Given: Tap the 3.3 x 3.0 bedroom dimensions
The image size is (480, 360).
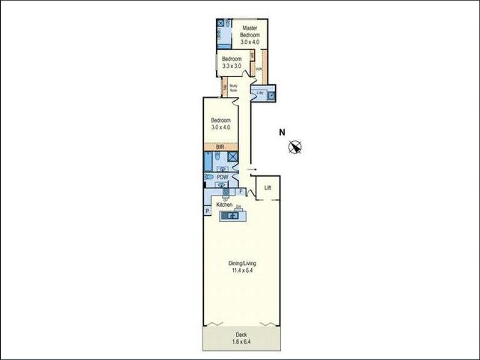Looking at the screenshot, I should (231, 66).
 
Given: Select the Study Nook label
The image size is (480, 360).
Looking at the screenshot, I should (234, 88).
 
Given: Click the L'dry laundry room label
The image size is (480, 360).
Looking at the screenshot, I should (260, 93).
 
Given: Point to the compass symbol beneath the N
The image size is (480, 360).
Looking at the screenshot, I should (295, 147).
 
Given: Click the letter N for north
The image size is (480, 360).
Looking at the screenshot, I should (282, 133).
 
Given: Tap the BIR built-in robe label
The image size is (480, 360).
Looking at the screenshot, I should (220, 147).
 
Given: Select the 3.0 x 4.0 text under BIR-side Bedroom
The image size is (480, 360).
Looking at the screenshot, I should (221, 127).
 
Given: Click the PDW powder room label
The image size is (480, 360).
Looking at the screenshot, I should (222, 177).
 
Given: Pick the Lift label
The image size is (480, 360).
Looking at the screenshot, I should (268, 188).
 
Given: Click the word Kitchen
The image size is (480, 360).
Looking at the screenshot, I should (225, 205).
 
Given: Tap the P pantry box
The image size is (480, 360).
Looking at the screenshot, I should (207, 211).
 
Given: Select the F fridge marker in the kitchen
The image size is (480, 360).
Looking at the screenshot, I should (241, 192).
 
